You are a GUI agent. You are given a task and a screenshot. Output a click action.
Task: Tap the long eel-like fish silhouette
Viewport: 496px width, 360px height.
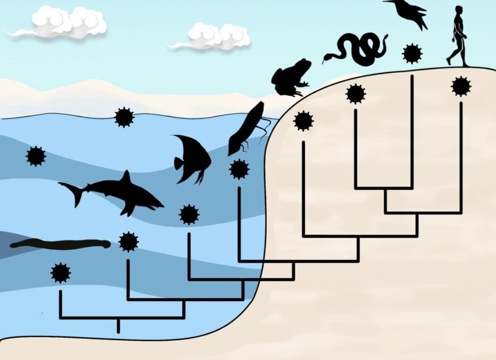click(x=61, y=245)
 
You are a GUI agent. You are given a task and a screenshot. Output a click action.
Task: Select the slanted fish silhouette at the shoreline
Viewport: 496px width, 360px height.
click(x=246, y=128)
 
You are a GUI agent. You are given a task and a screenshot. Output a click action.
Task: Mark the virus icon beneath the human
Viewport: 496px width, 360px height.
click(x=461, y=86)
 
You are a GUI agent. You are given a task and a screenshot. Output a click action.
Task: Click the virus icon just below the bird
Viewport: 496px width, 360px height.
click(x=412, y=53)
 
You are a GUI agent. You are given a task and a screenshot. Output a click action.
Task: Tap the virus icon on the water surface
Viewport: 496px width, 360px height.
click(x=124, y=117)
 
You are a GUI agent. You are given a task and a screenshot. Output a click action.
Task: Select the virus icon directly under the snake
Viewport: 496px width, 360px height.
click(x=355, y=94)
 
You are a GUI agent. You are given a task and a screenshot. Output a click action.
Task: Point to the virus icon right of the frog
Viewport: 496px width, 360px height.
click(x=303, y=121)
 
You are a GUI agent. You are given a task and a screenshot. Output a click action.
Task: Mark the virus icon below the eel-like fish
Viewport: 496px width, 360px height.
click(x=60, y=273)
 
